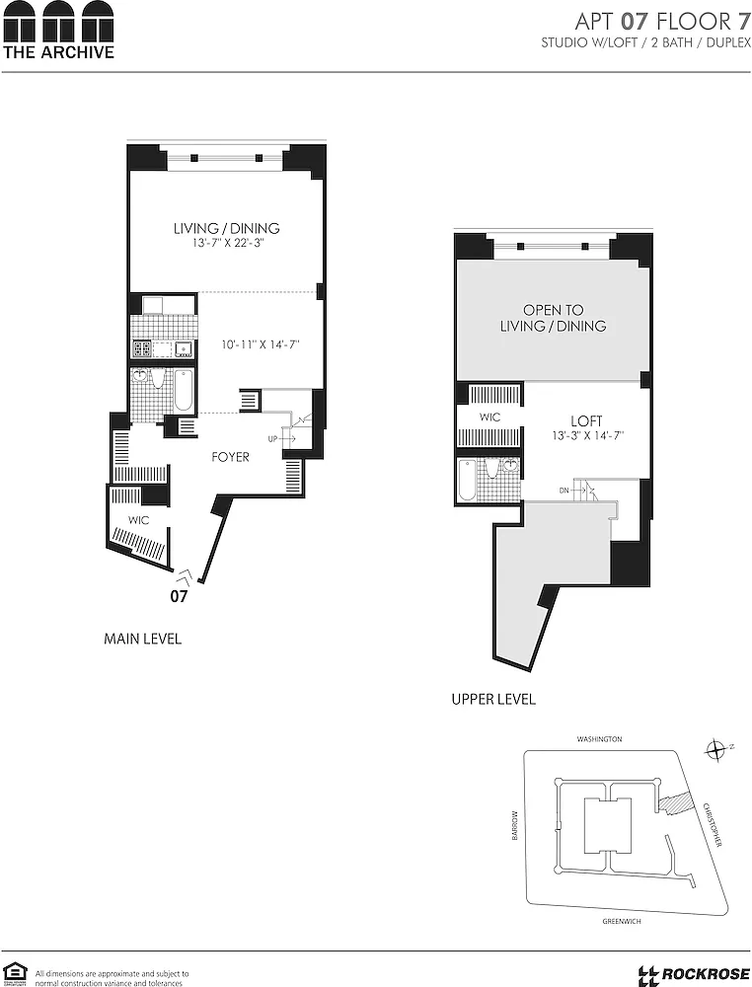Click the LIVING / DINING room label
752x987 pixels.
click(x=227, y=228)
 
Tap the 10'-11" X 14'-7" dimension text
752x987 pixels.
click(x=260, y=344)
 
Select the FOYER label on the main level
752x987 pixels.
click(x=230, y=457)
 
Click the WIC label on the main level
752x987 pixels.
click(x=138, y=520)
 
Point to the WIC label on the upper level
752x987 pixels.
click(x=489, y=418)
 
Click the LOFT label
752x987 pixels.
click(x=586, y=420)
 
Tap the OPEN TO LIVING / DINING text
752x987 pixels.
click(x=554, y=318)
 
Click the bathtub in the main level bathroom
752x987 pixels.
click(x=184, y=390)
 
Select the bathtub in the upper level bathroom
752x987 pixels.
click(x=468, y=481)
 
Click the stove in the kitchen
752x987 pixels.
click(x=141, y=348)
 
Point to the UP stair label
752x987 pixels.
click(x=272, y=439)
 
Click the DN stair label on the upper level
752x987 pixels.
click(x=564, y=490)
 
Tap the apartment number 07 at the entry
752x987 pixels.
click(x=179, y=595)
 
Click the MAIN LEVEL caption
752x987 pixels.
click(x=143, y=639)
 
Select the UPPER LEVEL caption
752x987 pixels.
click(x=493, y=699)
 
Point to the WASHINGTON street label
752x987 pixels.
click(x=600, y=739)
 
